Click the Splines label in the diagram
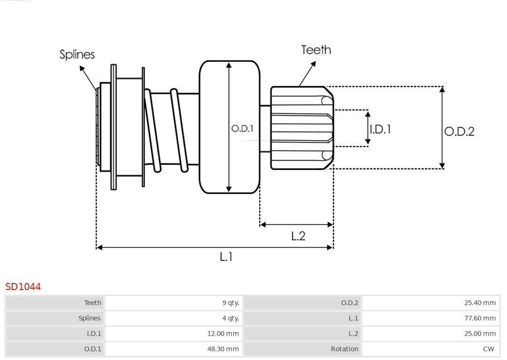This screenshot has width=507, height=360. (x=77, y=54)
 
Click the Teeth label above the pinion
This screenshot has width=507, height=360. (x=316, y=50)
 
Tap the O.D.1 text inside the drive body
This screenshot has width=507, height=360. (x=242, y=128)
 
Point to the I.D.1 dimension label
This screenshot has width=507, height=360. (x=380, y=129)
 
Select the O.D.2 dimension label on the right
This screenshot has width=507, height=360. (x=459, y=131)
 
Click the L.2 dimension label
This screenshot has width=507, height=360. (x=298, y=236)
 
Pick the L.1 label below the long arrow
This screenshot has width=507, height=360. (x=226, y=257)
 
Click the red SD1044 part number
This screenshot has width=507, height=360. (x=23, y=287)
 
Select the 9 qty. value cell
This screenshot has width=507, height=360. (x=230, y=303)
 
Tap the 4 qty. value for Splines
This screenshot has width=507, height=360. (x=230, y=318)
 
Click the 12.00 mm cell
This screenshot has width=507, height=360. (x=223, y=334)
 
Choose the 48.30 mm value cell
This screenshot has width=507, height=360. (x=223, y=349)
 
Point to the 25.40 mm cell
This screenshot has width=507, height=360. (x=480, y=303)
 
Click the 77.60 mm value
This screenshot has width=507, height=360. (x=480, y=318)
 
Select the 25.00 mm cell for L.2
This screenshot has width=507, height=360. (x=480, y=334)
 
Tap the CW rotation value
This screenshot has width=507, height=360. (x=488, y=349)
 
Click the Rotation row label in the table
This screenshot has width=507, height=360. (x=345, y=349)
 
